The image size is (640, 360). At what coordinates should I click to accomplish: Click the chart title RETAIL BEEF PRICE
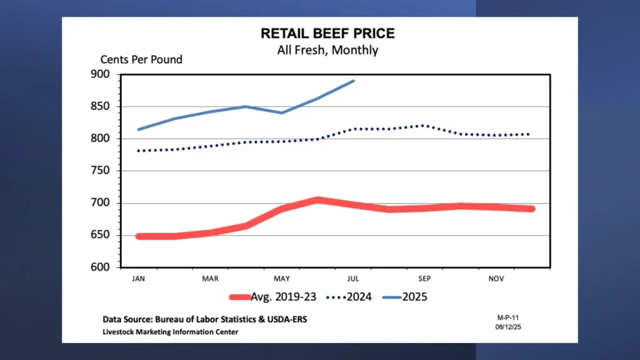click(327, 34)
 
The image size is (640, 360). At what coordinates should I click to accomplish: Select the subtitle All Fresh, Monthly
click(327, 50)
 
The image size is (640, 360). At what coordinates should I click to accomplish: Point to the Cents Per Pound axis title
click(141, 60)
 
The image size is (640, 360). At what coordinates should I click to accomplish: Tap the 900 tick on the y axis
click(101, 74)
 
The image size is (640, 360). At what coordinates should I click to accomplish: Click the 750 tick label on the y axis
click(101, 171)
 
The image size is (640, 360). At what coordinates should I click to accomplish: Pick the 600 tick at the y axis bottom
click(101, 267)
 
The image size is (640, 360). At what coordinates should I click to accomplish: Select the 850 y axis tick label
click(101, 106)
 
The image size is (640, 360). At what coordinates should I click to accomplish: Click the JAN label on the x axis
click(138, 278)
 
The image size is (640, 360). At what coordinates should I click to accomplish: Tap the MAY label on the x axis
click(281, 278)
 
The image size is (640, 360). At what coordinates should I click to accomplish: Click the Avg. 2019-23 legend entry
click(275, 297)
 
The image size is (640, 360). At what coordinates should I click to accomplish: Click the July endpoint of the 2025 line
click(354, 81)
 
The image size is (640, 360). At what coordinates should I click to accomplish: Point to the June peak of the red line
click(317, 200)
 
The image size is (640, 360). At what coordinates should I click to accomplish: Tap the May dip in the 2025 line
click(281, 112)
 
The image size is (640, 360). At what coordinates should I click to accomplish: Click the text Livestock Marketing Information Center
click(170, 332)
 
